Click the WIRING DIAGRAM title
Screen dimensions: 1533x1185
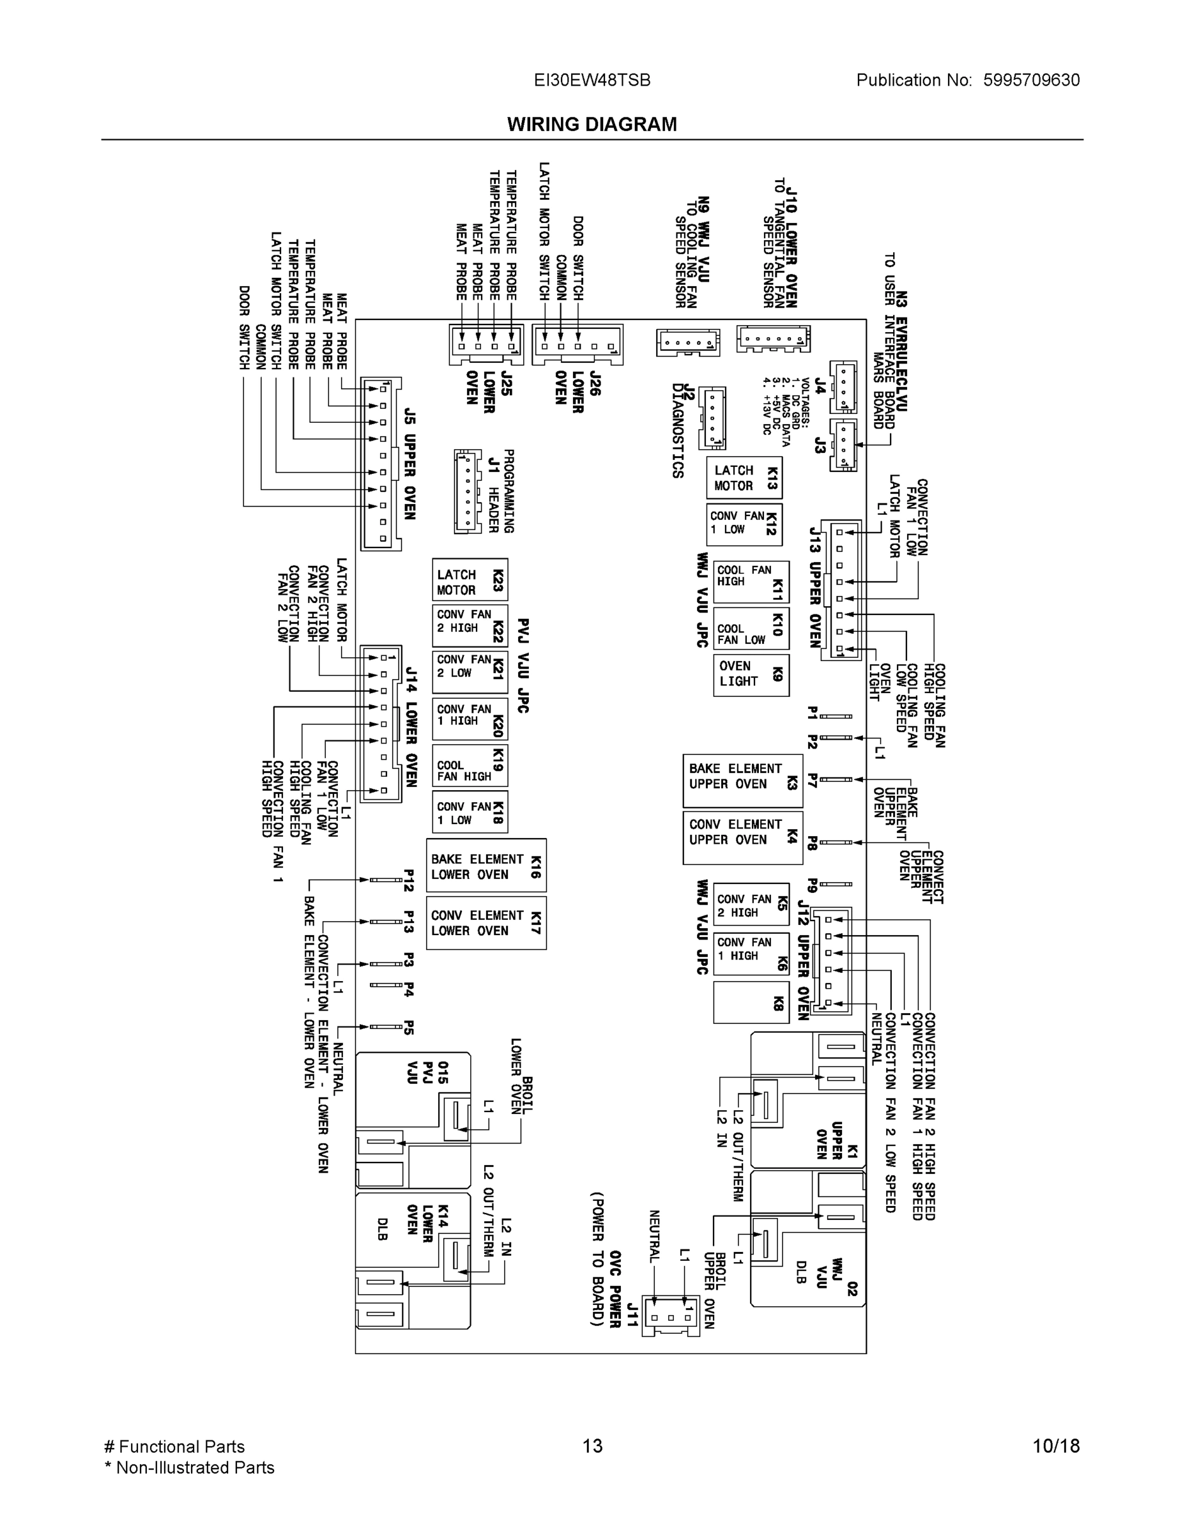coord(592,125)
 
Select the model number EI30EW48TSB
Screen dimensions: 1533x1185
coord(592,80)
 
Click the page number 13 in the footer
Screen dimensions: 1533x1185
coord(592,1446)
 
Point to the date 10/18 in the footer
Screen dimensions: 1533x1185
coord(1055,1446)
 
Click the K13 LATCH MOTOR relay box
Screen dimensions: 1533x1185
coord(744,478)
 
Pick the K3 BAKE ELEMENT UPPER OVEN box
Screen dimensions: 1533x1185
coord(743,781)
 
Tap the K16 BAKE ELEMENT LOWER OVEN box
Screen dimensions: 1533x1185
coord(485,866)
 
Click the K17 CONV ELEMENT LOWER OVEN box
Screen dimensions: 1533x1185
coord(485,922)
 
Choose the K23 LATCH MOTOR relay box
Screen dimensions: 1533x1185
coord(470,580)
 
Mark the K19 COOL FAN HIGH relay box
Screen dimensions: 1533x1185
coord(470,765)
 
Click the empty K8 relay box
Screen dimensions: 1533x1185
coord(751,1002)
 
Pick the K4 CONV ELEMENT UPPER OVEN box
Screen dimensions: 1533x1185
coord(743,837)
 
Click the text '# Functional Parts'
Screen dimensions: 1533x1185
coord(174,1446)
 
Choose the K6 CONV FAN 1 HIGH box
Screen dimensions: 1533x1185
coord(751,953)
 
